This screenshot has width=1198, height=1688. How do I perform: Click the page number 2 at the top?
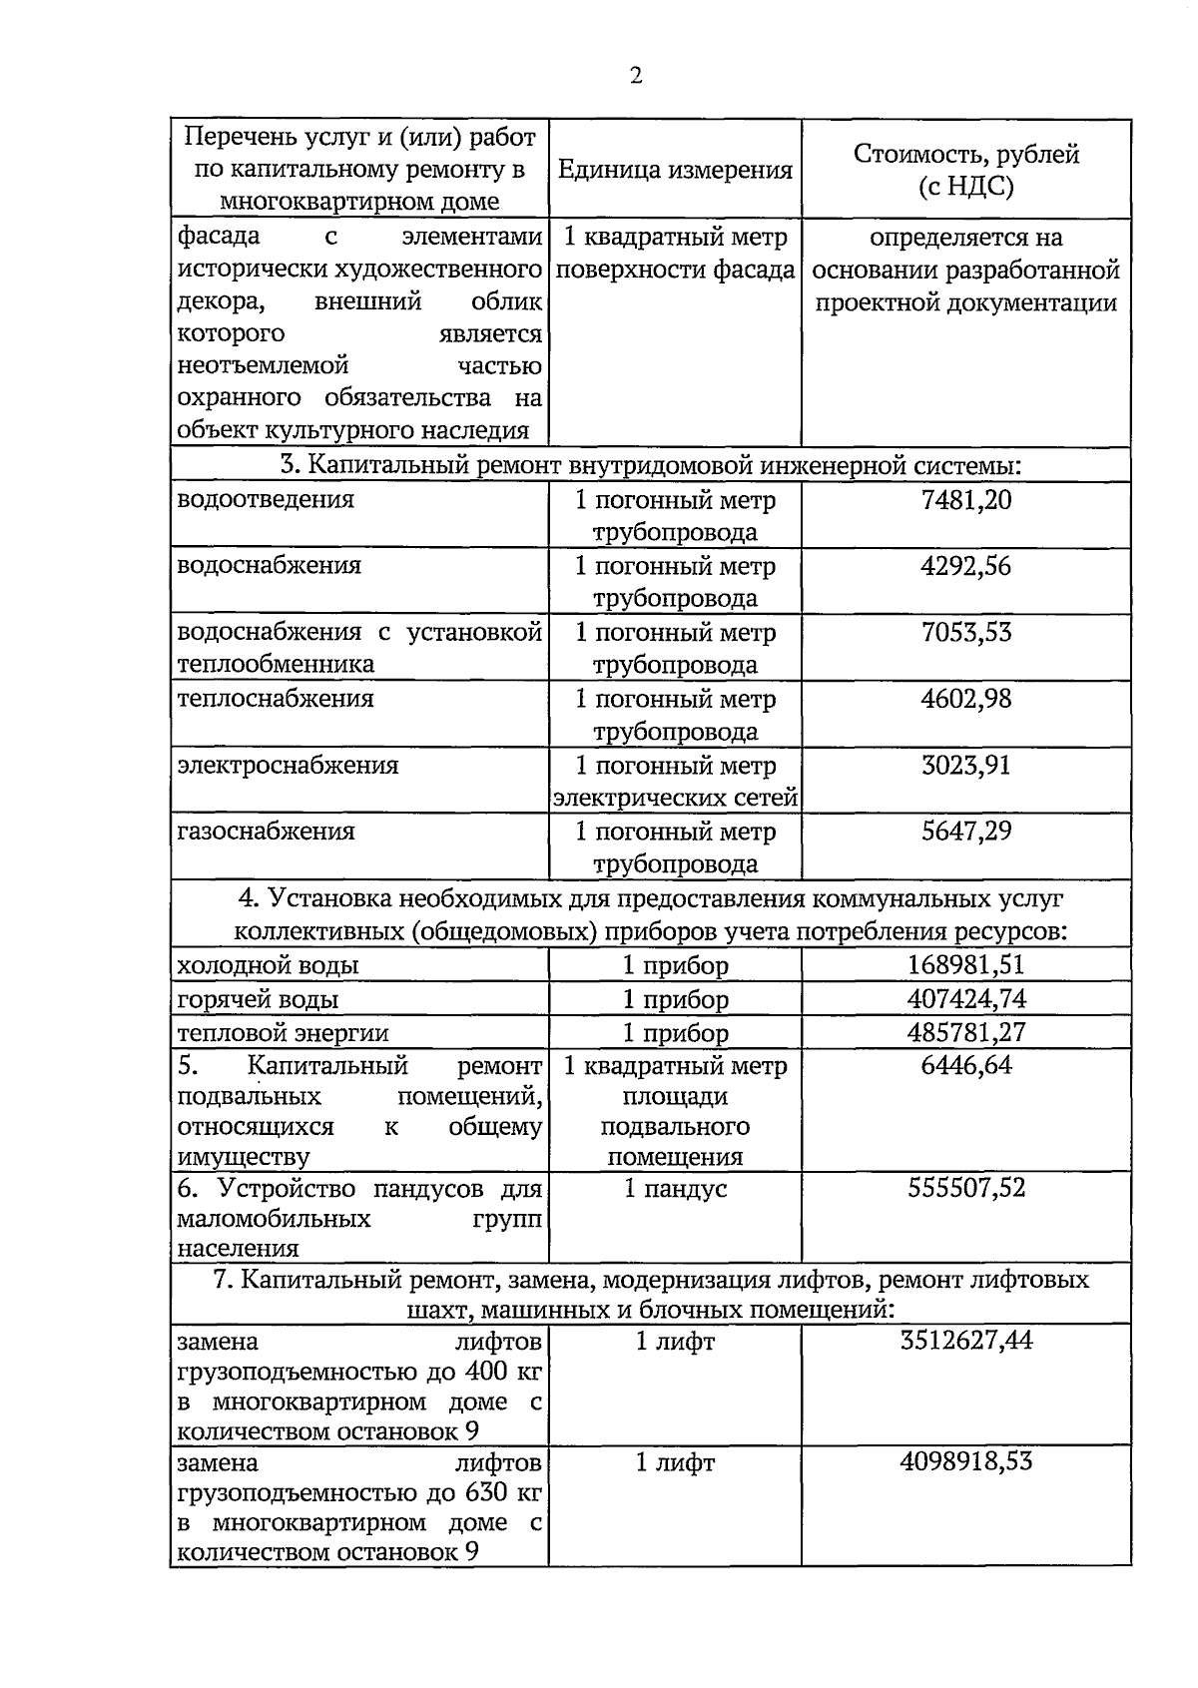[x=636, y=77]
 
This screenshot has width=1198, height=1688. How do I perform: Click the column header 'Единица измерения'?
[x=675, y=171]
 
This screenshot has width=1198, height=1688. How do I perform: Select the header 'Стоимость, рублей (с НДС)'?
[x=965, y=171]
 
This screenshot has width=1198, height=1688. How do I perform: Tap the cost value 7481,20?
[x=965, y=499]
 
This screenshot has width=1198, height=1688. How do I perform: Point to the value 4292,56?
[x=965, y=566]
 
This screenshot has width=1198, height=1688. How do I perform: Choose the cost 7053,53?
[x=965, y=632]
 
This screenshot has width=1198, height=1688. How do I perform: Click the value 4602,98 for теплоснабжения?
[x=965, y=699]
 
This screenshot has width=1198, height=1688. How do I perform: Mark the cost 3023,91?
[x=965, y=766]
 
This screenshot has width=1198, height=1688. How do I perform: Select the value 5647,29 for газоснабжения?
[x=965, y=832]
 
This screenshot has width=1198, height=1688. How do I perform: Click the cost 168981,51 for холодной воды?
[x=965, y=965]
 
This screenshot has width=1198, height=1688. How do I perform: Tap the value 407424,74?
[x=965, y=999]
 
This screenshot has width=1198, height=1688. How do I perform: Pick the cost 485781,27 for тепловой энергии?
[x=965, y=1032]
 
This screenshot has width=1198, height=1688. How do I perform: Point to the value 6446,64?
[x=965, y=1066]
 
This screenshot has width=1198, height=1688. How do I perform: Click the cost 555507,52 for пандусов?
[x=965, y=1188]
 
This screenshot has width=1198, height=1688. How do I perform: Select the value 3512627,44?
[x=965, y=1341]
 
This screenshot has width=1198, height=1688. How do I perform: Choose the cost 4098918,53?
[x=965, y=1462]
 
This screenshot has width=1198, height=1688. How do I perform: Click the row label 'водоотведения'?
[x=266, y=499]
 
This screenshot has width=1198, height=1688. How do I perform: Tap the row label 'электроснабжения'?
[x=288, y=766]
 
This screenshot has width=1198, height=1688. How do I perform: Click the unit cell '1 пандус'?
[x=675, y=1188]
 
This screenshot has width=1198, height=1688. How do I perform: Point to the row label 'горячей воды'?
[x=258, y=999]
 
